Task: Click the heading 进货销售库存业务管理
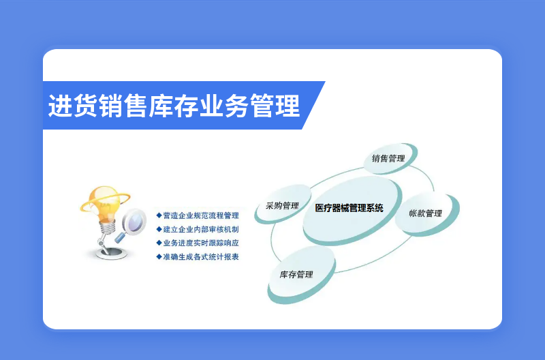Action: click(174, 106)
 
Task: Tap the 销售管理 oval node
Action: click(390, 158)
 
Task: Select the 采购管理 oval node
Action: click(283, 204)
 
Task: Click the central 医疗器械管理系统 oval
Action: click(352, 210)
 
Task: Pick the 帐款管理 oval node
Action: click(427, 213)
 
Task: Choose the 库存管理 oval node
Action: click(301, 275)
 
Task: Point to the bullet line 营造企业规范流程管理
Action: click(198, 215)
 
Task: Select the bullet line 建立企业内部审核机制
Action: click(198, 229)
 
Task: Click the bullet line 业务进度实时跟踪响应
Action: click(198, 243)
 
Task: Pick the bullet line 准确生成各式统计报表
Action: click(198, 256)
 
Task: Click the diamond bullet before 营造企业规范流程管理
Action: click(159, 215)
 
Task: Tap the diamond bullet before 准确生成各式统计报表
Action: click(159, 256)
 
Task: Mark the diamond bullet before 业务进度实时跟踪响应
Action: click(159, 243)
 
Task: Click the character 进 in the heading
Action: click(61, 106)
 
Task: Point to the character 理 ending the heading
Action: click(287, 106)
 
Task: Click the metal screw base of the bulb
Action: click(108, 228)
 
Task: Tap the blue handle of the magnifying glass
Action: click(121, 237)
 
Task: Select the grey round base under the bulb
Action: click(111, 253)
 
